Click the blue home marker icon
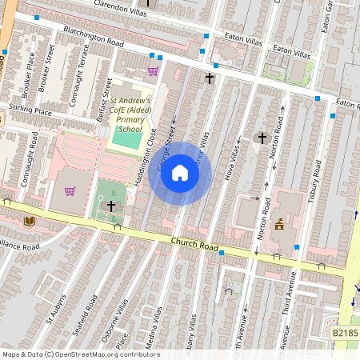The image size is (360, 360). pyautogui.click(x=180, y=173)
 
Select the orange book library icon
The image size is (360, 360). pyautogui.click(x=30, y=220)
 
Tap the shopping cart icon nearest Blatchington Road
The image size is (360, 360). pyautogui.click(x=153, y=70)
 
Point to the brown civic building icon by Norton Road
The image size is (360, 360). pyautogui.click(x=279, y=225)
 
